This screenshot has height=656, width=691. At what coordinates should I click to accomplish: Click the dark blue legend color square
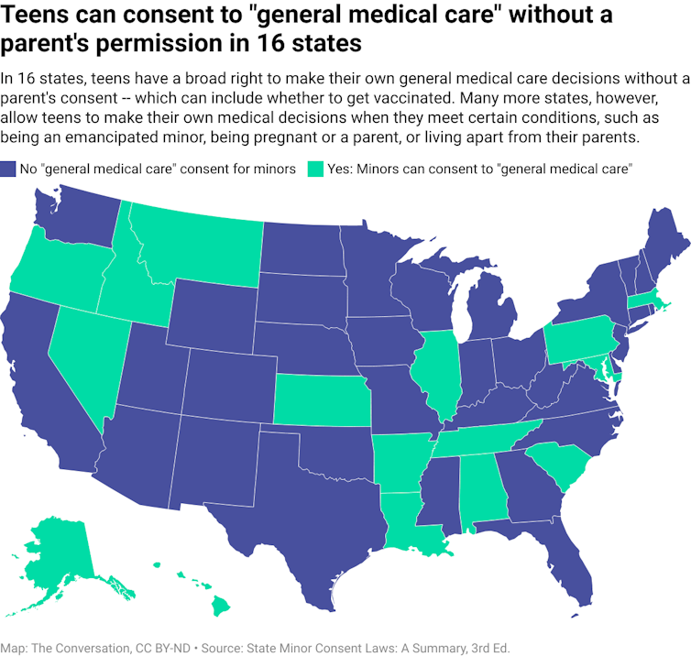8,169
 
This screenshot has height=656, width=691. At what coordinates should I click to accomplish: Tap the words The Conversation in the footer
88,648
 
